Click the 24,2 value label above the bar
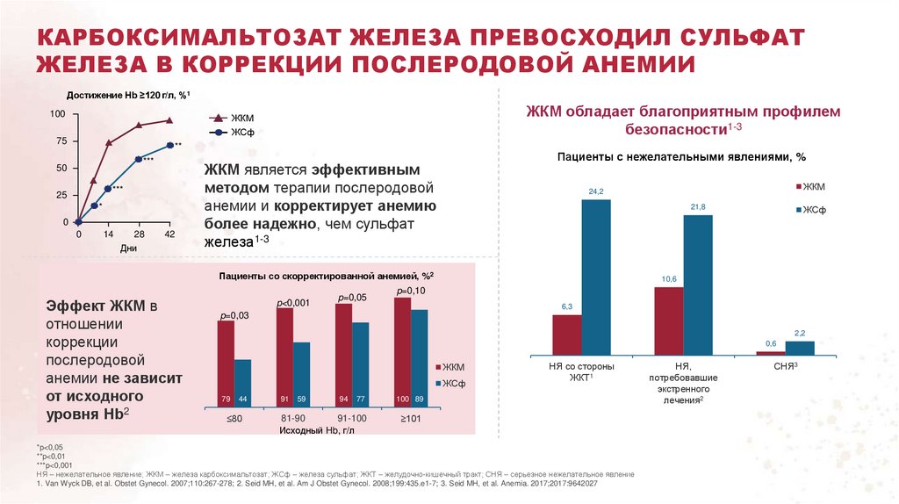(x=596, y=191)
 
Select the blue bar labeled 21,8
(x=698, y=285)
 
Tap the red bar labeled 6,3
(x=566, y=335)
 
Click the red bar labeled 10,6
(x=669, y=320)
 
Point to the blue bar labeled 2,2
(x=800, y=348)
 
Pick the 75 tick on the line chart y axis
(x=60, y=141)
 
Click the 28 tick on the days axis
(x=139, y=235)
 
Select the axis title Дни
(x=130, y=248)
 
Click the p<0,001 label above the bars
(x=294, y=303)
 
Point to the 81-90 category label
(x=293, y=420)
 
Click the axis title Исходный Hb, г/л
(x=316, y=431)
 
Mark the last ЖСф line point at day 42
(x=170, y=145)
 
